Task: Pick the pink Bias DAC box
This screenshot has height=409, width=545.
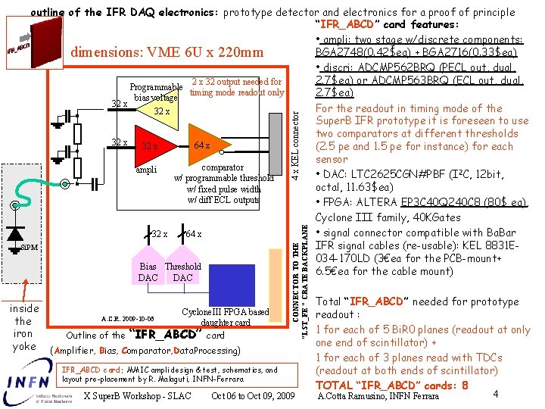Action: click(x=148, y=271)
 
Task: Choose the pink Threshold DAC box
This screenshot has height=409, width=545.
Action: click(x=182, y=271)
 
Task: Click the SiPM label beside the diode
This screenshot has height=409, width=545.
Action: click(x=30, y=248)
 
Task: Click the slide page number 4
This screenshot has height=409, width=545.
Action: click(x=494, y=394)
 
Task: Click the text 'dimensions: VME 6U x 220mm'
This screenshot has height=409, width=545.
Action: click(x=167, y=52)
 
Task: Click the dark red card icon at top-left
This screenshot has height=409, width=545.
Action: click(x=18, y=50)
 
